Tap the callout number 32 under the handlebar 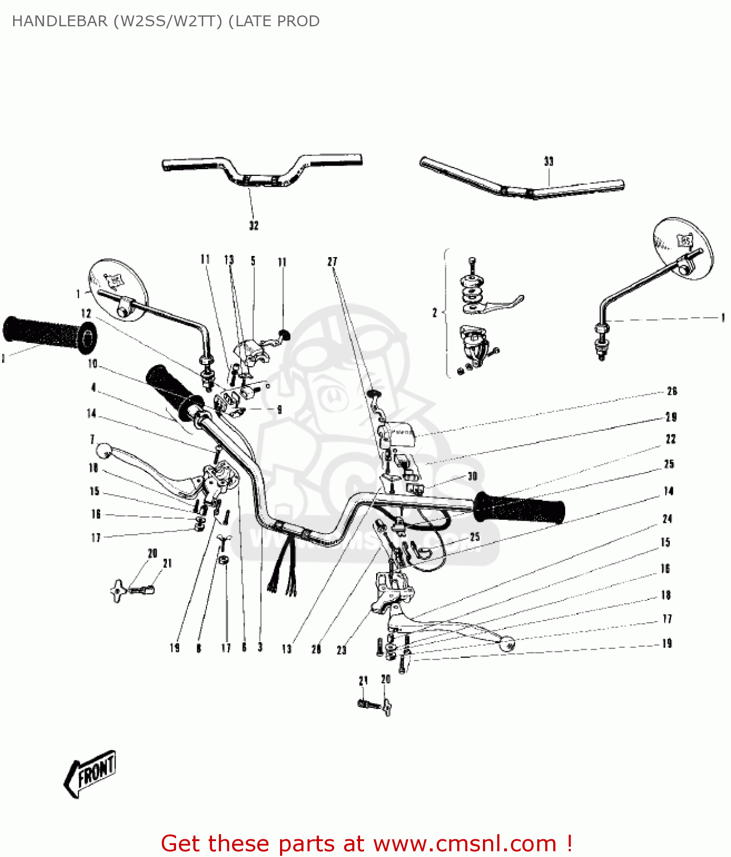click(254, 226)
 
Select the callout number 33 click(549, 162)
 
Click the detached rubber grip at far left click(49, 334)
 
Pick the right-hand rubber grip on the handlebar click(519, 507)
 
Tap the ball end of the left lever click(103, 451)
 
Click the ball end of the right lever click(506, 644)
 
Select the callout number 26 click(672, 391)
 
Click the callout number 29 click(671, 417)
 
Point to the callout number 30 click(472, 476)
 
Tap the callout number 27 click(332, 262)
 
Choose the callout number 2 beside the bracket click(434, 313)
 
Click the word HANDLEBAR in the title click(59, 21)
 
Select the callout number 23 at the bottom click(341, 650)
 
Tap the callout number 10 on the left click(93, 364)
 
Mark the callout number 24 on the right click(667, 519)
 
